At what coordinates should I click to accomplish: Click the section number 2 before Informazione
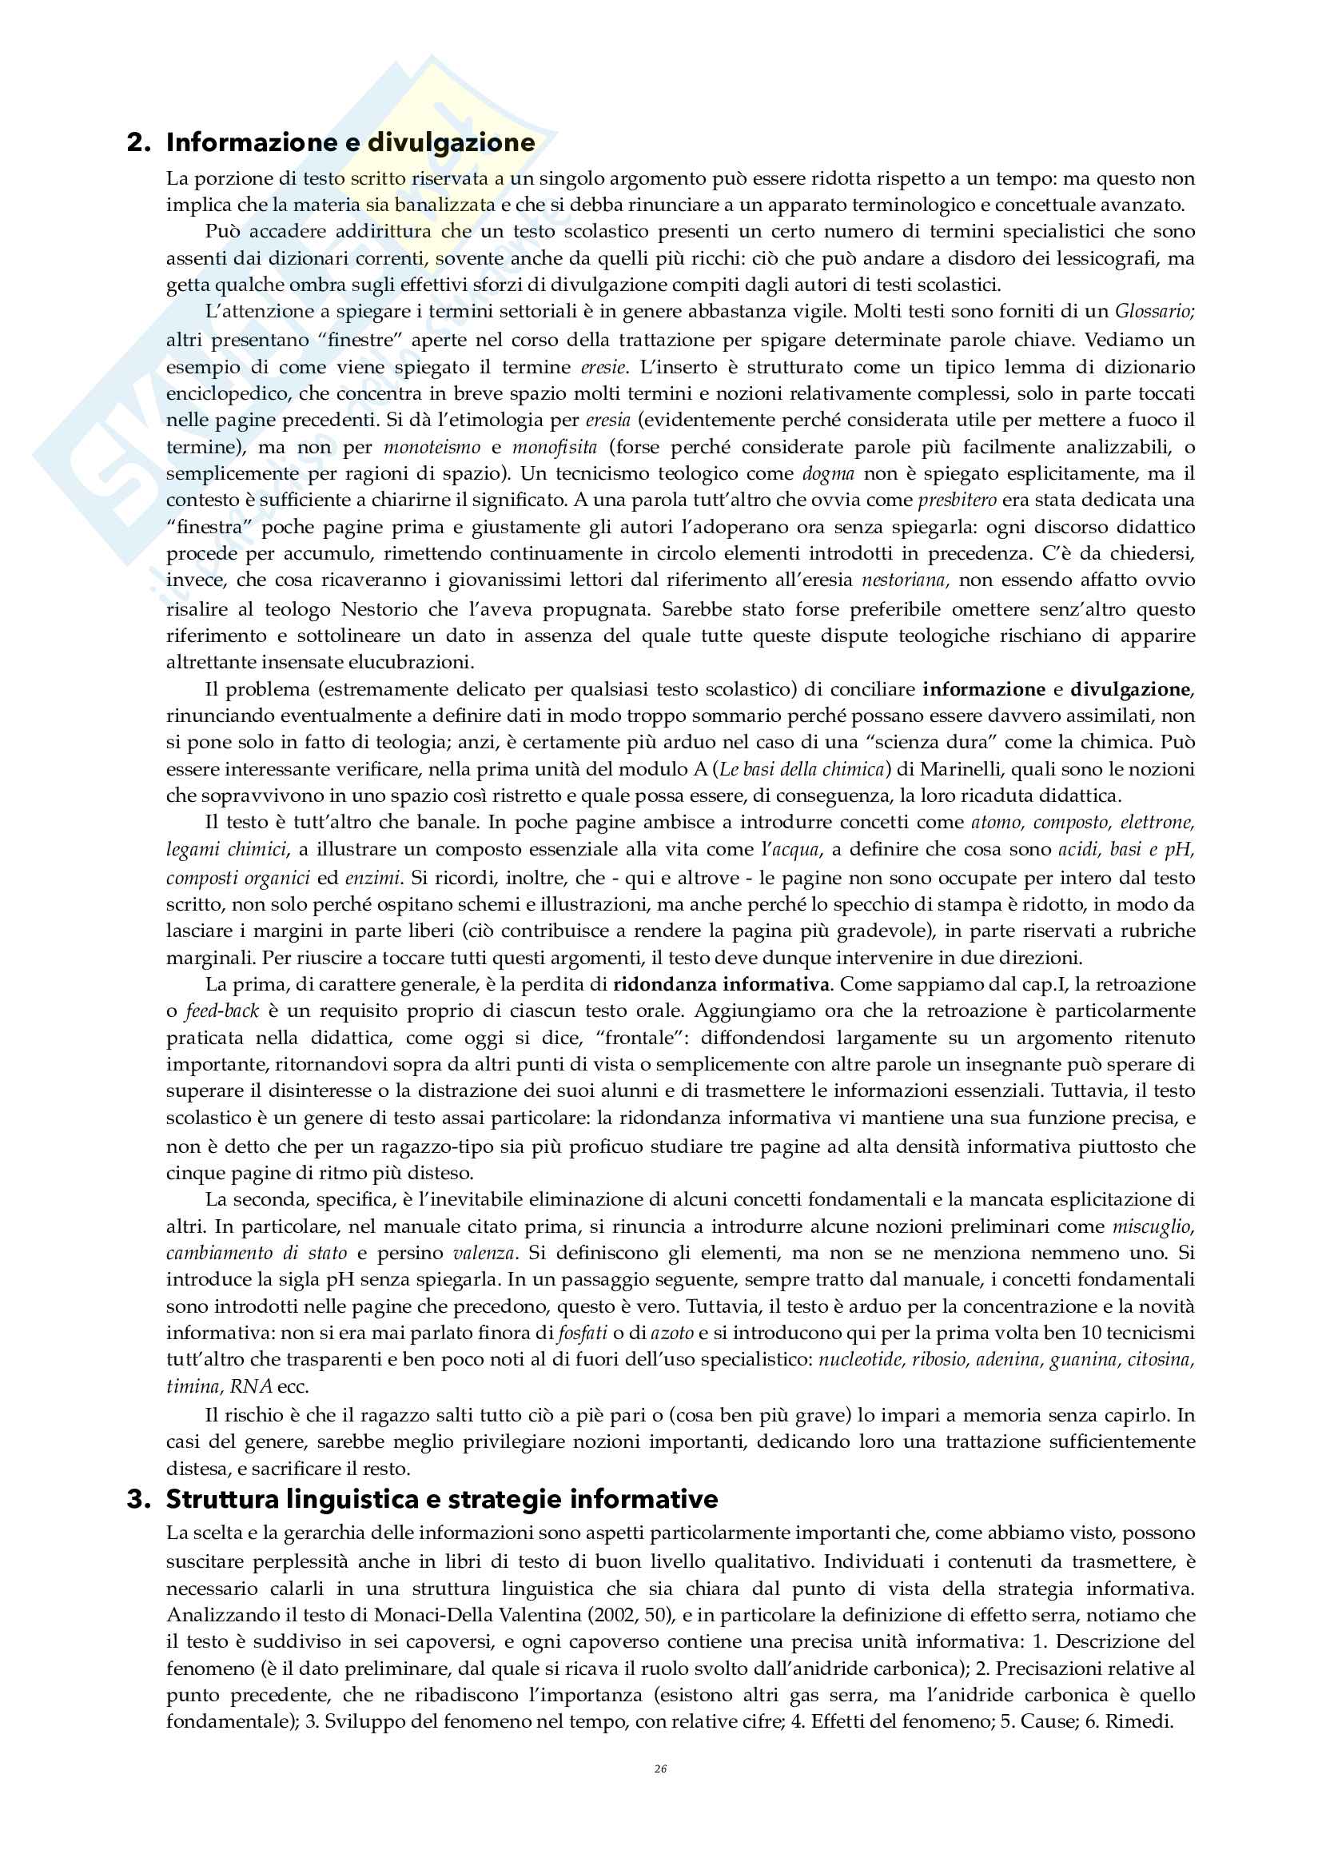tap(137, 142)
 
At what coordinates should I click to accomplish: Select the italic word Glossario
tap(1154, 311)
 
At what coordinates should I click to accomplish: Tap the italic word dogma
tap(828, 473)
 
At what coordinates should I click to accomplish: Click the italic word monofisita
tap(555, 447)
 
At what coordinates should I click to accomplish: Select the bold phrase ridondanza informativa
tap(721, 985)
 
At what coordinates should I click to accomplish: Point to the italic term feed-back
tap(222, 1011)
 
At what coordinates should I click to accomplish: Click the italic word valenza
tap(484, 1253)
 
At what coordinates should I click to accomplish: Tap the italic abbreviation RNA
tap(251, 1386)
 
